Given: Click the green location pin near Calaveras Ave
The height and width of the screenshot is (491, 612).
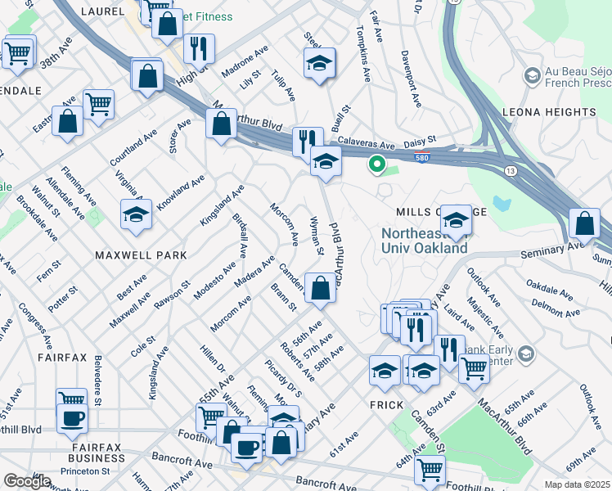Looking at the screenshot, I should [x=376, y=164].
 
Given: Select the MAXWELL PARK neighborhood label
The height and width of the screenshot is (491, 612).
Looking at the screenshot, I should [x=141, y=255].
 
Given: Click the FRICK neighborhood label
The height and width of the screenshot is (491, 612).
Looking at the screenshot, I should [x=385, y=405].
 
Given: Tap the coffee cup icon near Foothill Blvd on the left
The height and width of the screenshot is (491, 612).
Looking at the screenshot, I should [x=72, y=417].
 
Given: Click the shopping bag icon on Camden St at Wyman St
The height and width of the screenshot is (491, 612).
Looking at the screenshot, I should [x=321, y=289].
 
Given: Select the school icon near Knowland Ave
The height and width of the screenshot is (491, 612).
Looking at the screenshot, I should [x=136, y=215].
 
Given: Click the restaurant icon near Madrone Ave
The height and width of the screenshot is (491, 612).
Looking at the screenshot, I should [x=199, y=49].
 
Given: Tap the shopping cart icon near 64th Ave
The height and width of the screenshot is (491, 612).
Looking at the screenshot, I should [x=430, y=471].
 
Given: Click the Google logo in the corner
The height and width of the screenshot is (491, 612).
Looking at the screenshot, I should [x=27, y=481].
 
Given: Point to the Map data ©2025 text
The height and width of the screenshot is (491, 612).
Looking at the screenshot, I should [x=577, y=484].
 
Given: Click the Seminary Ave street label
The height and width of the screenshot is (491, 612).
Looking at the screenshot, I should [x=556, y=245].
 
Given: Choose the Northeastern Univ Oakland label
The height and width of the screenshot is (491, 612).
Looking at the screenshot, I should [x=425, y=241].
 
